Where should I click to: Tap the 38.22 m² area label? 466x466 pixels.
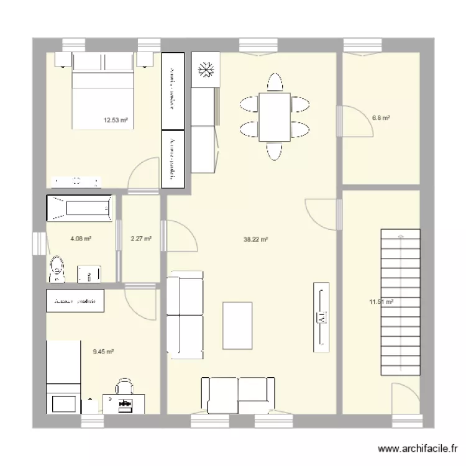point(255,239)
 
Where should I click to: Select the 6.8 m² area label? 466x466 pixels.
point(381,117)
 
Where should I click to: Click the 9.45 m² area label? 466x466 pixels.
point(103,352)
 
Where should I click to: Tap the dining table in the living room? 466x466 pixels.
point(274,117)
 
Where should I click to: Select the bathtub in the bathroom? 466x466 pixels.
point(80,208)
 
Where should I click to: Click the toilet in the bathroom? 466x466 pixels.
point(57,267)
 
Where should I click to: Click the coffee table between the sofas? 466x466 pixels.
point(237,326)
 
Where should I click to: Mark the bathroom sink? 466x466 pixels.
point(89,273)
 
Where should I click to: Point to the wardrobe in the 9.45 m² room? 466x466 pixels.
point(75,301)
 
